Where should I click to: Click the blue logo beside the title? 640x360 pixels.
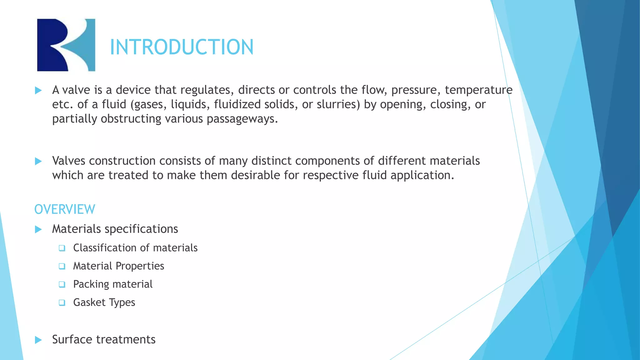[66, 45]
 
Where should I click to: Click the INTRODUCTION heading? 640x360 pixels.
[182, 47]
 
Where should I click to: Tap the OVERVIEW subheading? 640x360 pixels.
[65, 209]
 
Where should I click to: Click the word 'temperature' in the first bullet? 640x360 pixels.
[478, 90]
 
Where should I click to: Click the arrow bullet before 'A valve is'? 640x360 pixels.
[38, 91]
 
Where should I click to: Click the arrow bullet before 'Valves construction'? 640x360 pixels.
[38, 161]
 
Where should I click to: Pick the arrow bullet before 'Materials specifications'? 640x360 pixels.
[38, 229]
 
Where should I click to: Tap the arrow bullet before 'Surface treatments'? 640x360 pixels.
[38, 340]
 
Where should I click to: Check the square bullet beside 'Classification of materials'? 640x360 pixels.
[62, 248]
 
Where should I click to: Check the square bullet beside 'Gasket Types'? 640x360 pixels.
[62, 302]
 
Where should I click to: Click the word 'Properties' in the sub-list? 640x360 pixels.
[140, 266]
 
